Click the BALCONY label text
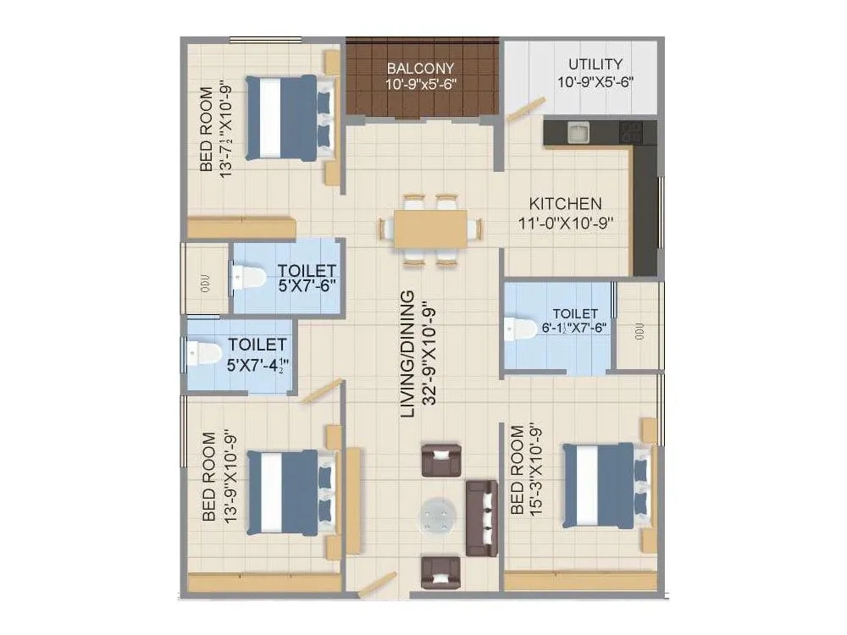(x=421, y=68)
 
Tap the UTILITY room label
(x=595, y=64)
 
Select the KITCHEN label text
(x=565, y=204)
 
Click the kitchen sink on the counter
(x=579, y=132)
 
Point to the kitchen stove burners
(x=632, y=132)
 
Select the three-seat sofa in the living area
(x=482, y=516)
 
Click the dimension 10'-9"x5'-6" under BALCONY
(x=421, y=85)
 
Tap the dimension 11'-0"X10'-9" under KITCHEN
(x=565, y=223)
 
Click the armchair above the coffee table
(x=440, y=460)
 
